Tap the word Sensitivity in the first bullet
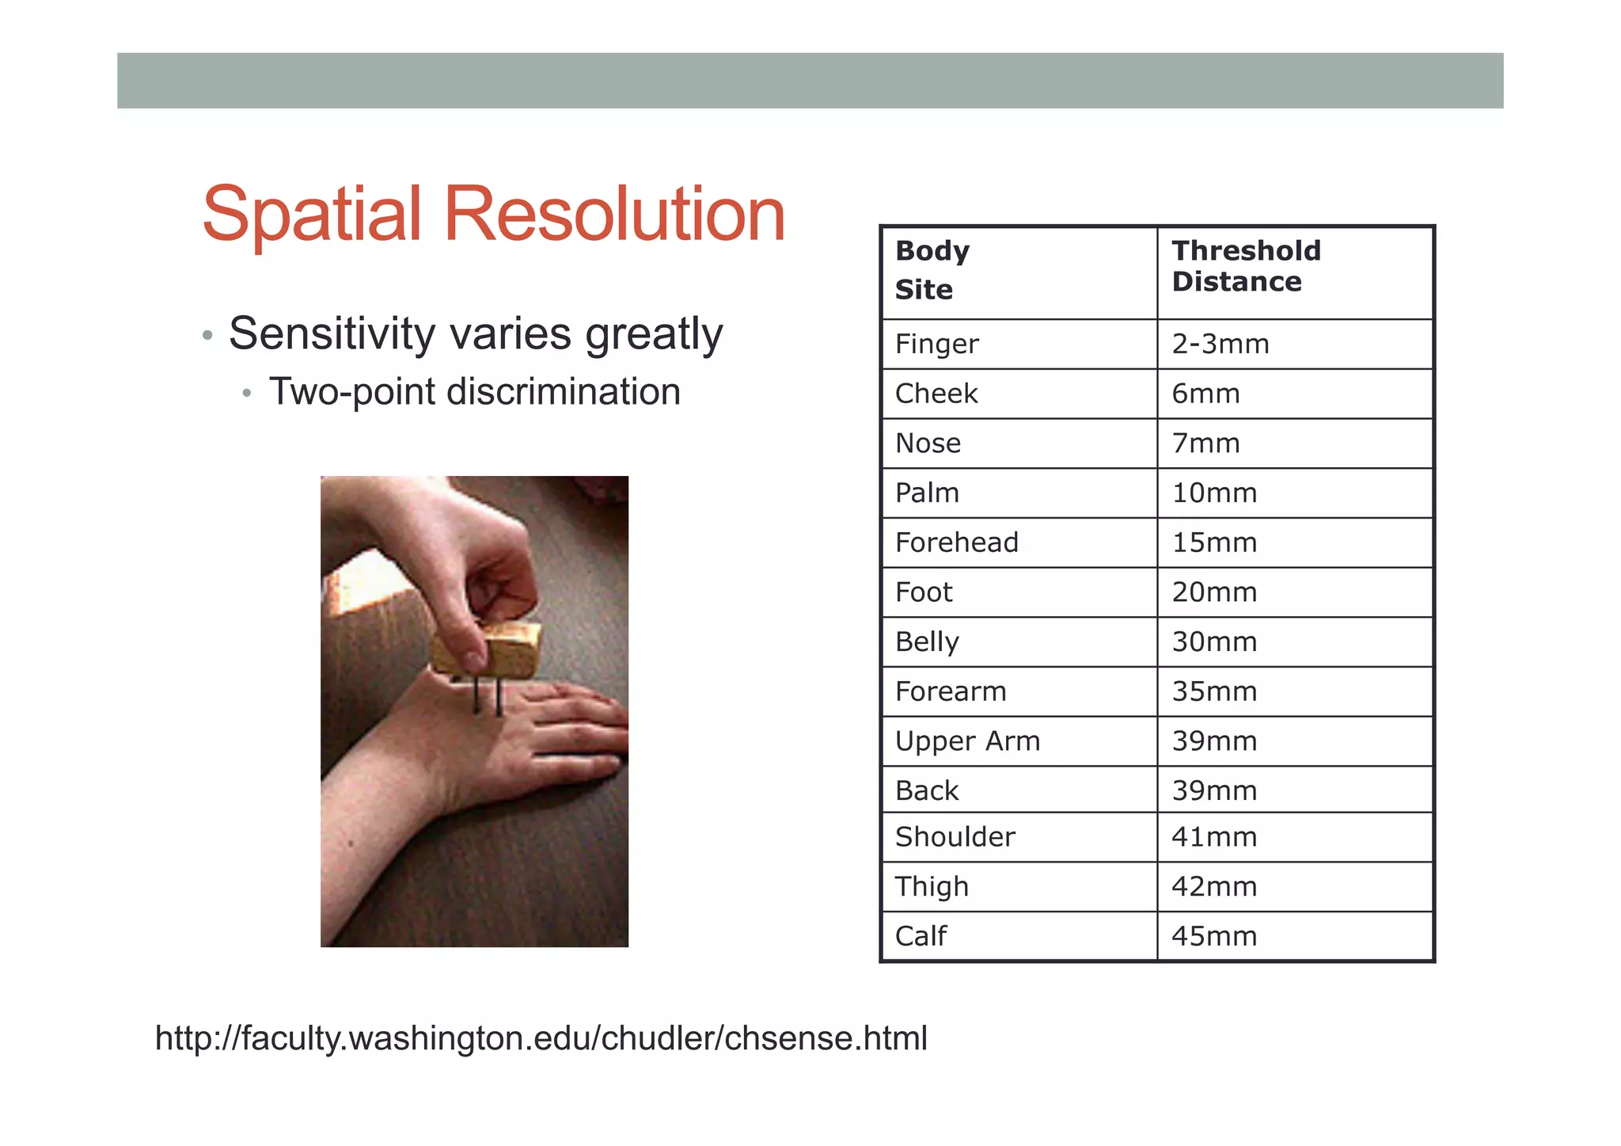[332, 333]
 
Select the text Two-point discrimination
[474, 391]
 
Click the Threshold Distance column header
[1246, 266]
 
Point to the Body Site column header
[932, 270]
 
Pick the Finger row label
[936, 344]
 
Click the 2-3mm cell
[1220, 344]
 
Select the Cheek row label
[936, 394]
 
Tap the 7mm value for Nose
[1205, 444]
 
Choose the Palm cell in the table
[927, 493]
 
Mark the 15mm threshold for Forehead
[1214, 543]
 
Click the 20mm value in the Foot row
[1214, 592]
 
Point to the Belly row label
[927, 642]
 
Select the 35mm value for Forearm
[1214, 691]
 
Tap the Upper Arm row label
[967, 741]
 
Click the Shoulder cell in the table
[955, 837]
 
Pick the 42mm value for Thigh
[1214, 886]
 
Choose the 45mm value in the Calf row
[1214, 936]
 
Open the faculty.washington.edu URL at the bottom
[541, 1038]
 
